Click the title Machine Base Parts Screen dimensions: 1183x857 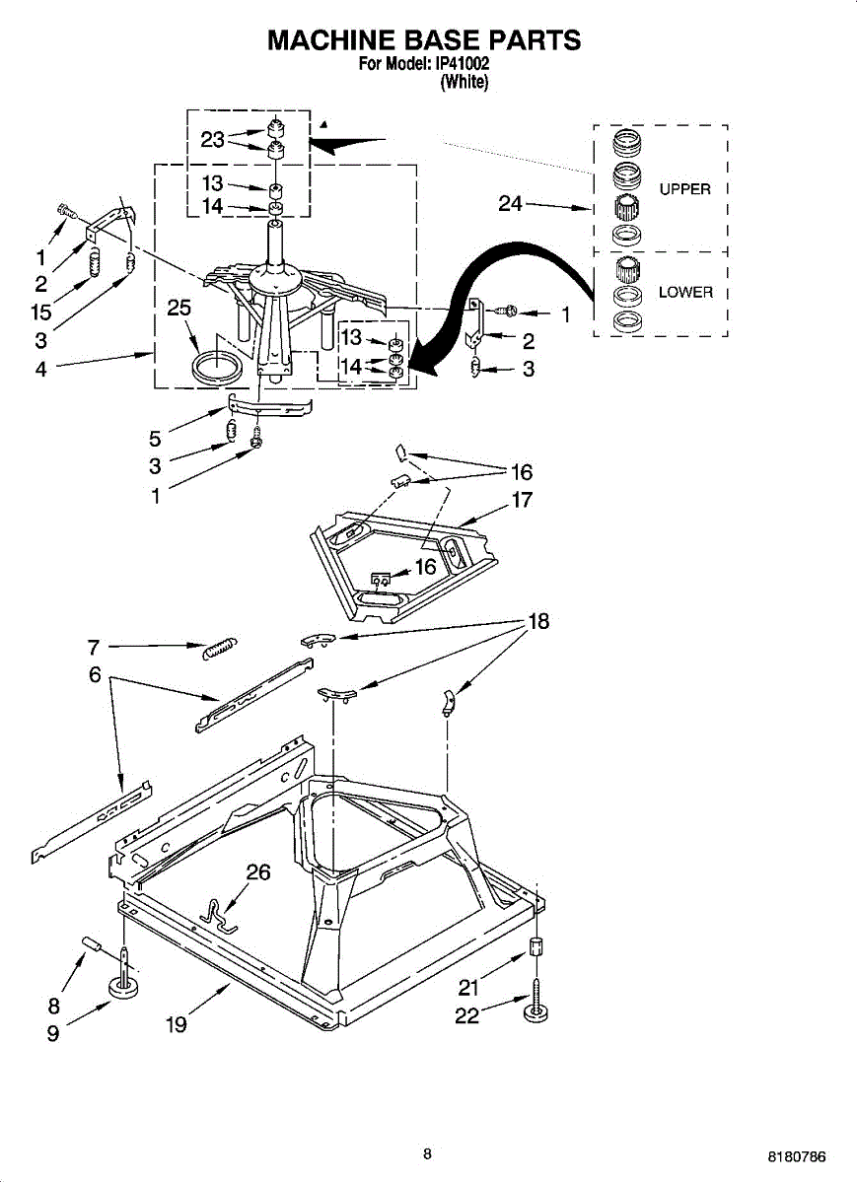click(x=424, y=40)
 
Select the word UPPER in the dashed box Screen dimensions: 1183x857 click(x=684, y=189)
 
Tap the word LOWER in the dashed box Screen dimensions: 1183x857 click(x=685, y=293)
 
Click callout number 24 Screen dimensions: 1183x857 click(x=510, y=205)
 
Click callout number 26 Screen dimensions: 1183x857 click(x=257, y=871)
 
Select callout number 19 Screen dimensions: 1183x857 click(x=176, y=1025)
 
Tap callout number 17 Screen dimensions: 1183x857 click(x=522, y=500)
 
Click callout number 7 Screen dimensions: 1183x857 click(x=94, y=647)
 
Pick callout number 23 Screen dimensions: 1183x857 click(x=213, y=140)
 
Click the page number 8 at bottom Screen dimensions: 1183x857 click(x=427, y=1153)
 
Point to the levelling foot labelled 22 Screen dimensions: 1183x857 click(x=537, y=1009)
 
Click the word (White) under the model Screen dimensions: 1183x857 click(x=464, y=83)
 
